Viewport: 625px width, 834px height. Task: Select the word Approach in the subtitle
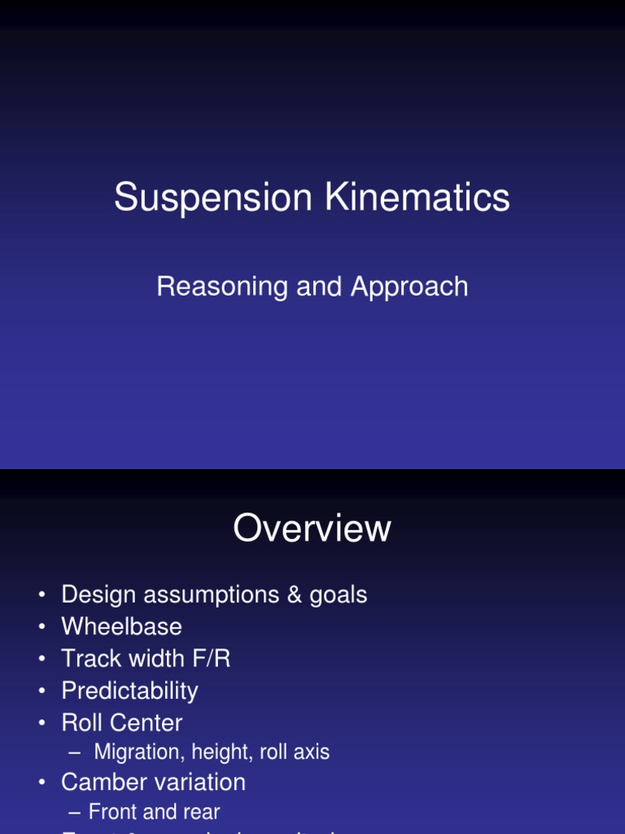point(409,287)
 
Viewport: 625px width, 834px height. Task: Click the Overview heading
point(312,529)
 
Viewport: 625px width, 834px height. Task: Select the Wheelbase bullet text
point(121,627)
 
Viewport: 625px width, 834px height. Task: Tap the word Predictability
point(129,691)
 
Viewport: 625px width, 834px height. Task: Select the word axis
point(312,753)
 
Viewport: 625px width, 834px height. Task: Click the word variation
point(199,783)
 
